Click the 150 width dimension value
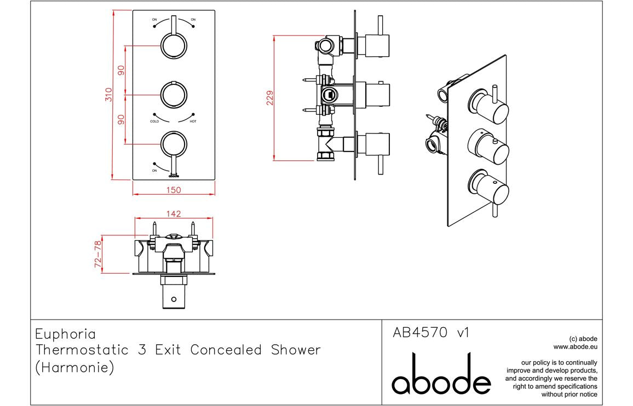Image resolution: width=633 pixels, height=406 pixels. click(x=174, y=190)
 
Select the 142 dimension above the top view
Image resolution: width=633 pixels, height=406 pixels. click(x=174, y=213)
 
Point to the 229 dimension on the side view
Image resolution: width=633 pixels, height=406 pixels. click(x=269, y=97)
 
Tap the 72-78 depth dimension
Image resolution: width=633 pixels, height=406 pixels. click(x=99, y=253)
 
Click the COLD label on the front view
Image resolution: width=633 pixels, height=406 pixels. click(x=154, y=121)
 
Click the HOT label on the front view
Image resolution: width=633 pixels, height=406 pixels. click(x=193, y=121)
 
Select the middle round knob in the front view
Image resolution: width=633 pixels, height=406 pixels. click(x=174, y=95)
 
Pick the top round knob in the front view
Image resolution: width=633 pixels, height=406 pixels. click(x=174, y=45)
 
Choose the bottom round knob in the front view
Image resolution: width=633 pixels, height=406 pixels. click(x=174, y=144)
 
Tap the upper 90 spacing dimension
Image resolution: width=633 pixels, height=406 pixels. click(x=121, y=70)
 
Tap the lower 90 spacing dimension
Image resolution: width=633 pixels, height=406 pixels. click(x=121, y=119)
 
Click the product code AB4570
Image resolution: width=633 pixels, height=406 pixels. click(x=421, y=333)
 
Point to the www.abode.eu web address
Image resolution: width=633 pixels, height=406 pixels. click(x=575, y=346)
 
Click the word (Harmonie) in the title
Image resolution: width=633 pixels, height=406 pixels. click(x=74, y=368)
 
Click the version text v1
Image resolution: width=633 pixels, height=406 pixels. click(x=463, y=333)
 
